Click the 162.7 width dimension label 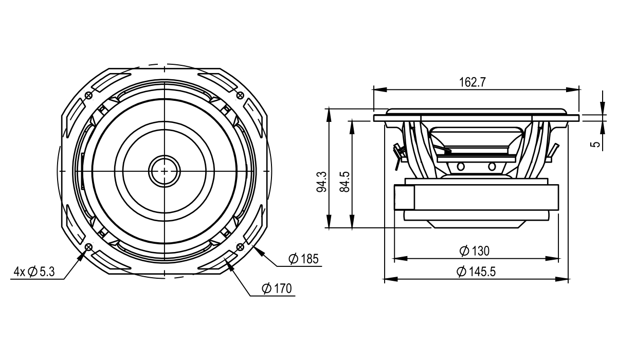tap(473, 82)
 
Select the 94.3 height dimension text tap(321, 182)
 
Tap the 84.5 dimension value tap(344, 182)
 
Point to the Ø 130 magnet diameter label tap(474, 251)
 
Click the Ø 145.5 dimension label tap(476, 272)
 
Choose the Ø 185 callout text tap(303, 259)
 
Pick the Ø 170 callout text tap(277, 289)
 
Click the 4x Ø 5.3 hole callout tap(34, 272)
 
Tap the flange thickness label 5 tap(596, 144)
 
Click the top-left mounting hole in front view tap(89, 96)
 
